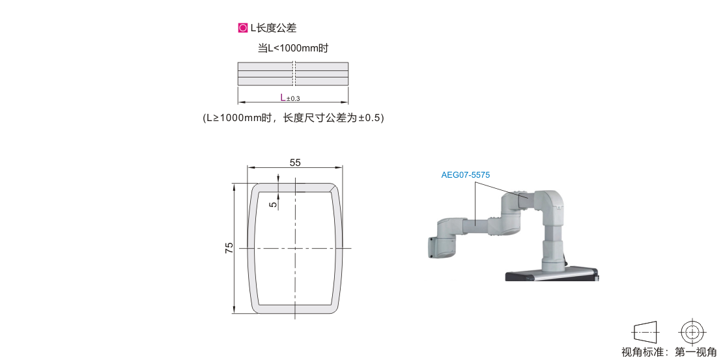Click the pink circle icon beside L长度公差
click(242, 28)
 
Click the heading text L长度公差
click(274, 28)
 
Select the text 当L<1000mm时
click(293, 48)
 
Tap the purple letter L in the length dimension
click(283, 97)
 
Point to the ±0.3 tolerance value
click(293, 98)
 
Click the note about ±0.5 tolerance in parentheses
click(293, 118)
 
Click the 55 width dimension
click(295, 162)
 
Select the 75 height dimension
click(229, 248)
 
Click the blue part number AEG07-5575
click(465, 175)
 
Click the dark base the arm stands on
click(552, 275)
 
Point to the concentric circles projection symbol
click(692, 332)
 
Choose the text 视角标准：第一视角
click(669, 353)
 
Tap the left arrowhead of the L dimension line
click(240, 102)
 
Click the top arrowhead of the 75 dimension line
click(234, 186)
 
